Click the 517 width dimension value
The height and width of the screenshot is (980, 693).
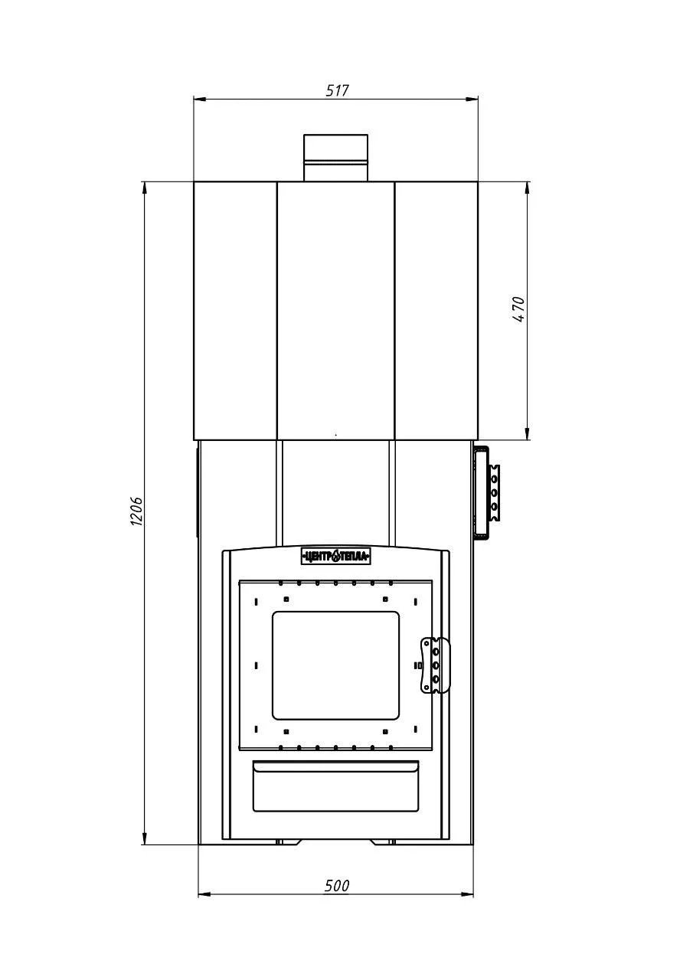338,90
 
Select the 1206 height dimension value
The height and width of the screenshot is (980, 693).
137,511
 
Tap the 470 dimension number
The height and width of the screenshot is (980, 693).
518,309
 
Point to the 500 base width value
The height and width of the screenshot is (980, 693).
337,886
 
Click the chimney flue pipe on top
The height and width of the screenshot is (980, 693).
336,158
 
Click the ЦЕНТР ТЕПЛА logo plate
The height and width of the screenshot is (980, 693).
336,557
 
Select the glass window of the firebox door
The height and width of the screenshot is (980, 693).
335,665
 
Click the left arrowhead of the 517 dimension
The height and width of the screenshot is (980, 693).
200,100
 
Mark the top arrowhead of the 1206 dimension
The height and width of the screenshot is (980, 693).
144,188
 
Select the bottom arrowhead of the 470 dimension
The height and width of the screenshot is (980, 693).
527,433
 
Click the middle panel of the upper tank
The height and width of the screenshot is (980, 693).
336,311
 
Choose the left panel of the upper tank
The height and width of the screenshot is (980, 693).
235,311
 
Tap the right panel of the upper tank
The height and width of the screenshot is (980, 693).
436,311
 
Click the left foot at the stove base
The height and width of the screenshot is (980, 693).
287,841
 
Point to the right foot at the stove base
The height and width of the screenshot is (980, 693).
383,841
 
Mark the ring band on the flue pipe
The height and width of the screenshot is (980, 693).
336,162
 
